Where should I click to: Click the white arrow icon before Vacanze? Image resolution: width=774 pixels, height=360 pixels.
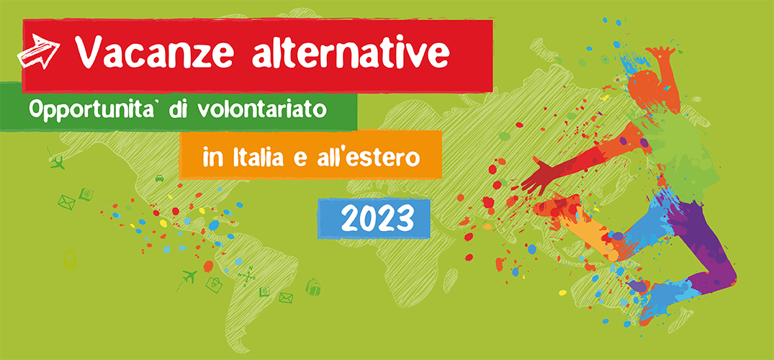[38, 51]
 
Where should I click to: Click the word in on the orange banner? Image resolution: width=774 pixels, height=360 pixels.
[211, 158]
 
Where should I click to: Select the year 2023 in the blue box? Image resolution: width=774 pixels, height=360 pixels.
[377, 218]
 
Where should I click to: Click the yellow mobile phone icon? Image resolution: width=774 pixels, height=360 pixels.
[70, 259]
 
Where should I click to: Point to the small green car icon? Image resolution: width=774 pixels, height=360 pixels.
[159, 179]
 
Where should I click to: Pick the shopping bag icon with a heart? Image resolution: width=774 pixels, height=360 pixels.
[215, 284]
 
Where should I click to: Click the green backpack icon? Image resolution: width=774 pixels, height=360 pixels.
[313, 287]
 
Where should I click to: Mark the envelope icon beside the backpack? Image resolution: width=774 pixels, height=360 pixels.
[286, 298]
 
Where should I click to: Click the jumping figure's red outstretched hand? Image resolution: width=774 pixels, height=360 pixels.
[538, 175]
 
